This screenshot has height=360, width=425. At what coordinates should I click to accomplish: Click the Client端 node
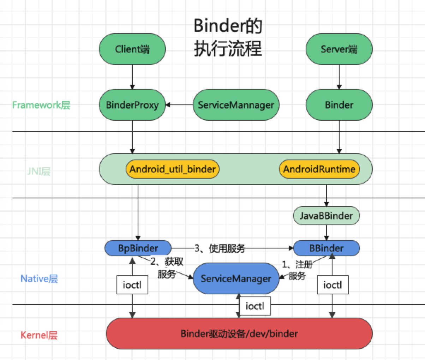click(x=132, y=49)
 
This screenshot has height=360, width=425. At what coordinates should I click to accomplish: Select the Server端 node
click(x=339, y=49)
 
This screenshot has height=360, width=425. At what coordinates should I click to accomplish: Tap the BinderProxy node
click(x=132, y=105)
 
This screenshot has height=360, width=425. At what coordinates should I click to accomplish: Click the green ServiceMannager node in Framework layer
click(x=236, y=105)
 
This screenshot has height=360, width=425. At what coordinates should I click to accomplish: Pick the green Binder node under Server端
click(x=339, y=105)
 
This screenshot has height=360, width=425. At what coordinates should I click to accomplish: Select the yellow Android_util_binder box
click(x=172, y=169)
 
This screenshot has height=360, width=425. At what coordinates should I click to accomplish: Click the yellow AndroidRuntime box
click(x=319, y=169)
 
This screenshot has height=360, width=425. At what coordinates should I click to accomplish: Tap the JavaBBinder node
click(x=326, y=216)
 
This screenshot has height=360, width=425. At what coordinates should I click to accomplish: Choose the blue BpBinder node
click(x=138, y=248)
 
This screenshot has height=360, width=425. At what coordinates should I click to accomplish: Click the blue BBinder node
click(x=326, y=248)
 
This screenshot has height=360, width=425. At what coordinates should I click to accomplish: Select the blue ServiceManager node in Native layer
click(x=236, y=278)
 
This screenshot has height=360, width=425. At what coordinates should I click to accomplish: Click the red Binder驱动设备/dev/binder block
click(x=239, y=334)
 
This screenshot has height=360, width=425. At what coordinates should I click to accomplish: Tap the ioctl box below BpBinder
click(x=132, y=285)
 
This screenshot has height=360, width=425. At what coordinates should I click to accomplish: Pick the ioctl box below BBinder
click(x=332, y=285)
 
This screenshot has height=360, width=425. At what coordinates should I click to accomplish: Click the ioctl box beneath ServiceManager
click(x=255, y=306)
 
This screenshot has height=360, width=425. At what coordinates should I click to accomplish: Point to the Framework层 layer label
click(x=41, y=105)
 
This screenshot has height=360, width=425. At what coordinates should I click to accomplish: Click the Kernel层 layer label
click(x=39, y=335)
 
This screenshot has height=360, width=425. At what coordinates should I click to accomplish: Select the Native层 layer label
click(x=39, y=278)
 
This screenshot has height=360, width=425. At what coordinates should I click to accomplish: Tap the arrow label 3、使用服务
click(x=220, y=248)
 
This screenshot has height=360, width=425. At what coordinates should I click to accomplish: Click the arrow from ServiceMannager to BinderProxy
click(x=179, y=105)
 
